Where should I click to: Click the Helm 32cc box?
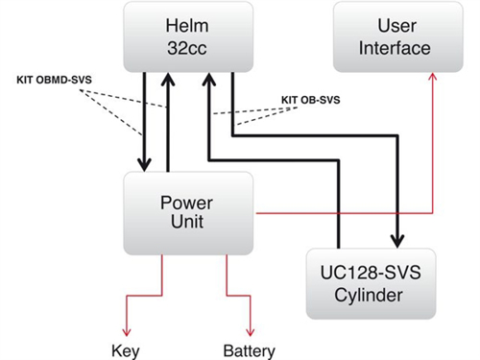pyautogui.click(x=188, y=36)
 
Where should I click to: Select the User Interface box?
pyautogui.click(x=398, y=36)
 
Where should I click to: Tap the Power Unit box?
pyautogui.click(x=188, y=213)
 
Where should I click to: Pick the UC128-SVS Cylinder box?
pyautogui.click(x=371, y=283)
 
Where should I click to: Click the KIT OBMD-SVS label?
pyautogui.click(x=54, y=80)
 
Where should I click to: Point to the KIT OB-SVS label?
pyautogui.click(x=310, y=100)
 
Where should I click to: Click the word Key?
pyautogui.click(x=126, y=351)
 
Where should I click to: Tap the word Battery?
pyautogui.click(x=250, y=351)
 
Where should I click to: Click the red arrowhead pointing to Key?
pyautogui.click(x=127, y=332)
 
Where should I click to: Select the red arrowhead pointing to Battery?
pyautogui.click(x=251, y=332)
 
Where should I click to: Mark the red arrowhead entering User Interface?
pyautogui.click(x=433, y=77)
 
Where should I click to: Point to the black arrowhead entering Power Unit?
pyautogui.click(x=144, y=165)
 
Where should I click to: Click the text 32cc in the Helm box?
pyautogui.click(x=187, y=48)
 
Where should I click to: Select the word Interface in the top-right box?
pyautogui.click(x=395, y=48)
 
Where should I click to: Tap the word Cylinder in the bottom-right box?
pyautogui.click(x=369, y=295)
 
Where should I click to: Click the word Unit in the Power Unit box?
pyautogui.click(x=187, y=222)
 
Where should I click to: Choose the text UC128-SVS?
pyautogui.click(x=371, y=273)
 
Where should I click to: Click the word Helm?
pyautogui.click(x=187, y=26)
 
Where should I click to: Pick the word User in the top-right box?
pyautogui.click(x=397, y=26)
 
